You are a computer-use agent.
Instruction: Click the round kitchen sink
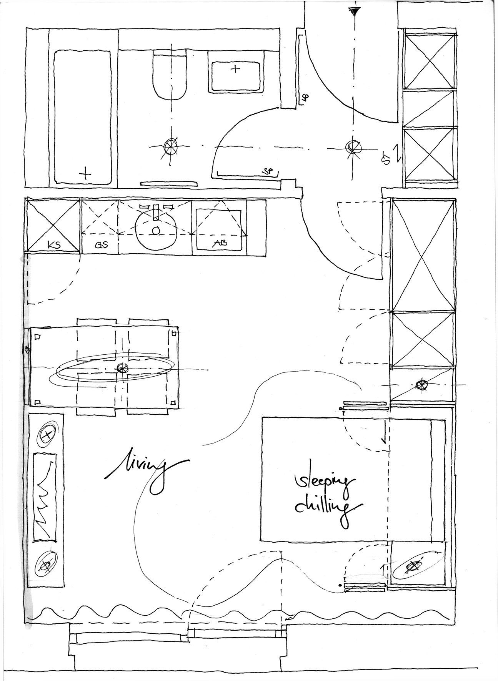(x=155, y=229)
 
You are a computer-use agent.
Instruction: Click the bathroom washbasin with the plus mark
(x=235, y=70)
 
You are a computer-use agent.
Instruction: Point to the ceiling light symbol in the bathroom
(x=170, y=146)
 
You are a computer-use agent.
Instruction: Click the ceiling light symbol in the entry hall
(x=352, y=146)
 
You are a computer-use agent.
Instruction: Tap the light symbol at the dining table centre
(x=122, y=368)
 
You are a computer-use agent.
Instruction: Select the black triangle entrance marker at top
(x=354, y=11)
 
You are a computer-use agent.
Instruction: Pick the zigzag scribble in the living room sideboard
(x=45, y=496)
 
